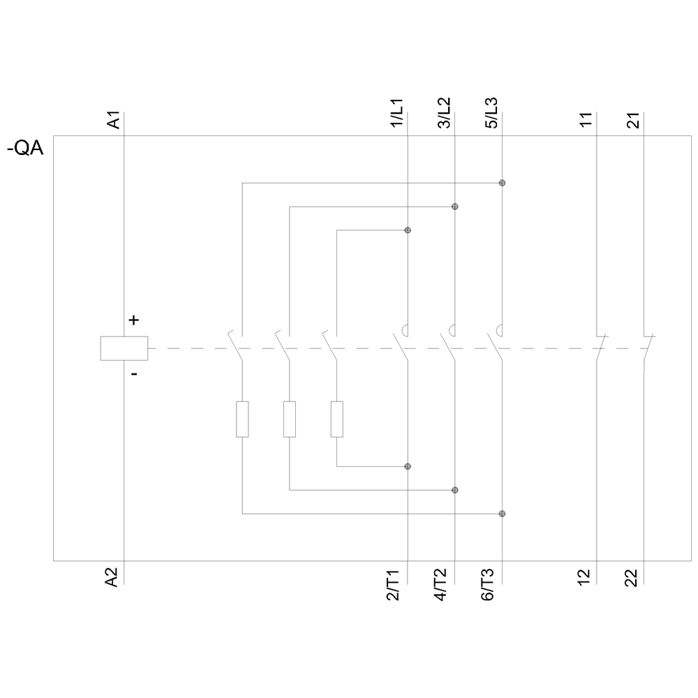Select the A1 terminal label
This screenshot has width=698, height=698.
(x=114, y=119)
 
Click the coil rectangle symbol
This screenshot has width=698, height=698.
(x=124, y=348)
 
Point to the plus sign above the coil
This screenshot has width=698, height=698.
(x=134, y=320)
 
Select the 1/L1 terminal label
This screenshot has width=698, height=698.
(x=396, y=114)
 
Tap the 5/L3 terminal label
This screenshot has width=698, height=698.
(x=492, y=114)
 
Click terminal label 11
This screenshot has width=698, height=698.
(x=586, y=119)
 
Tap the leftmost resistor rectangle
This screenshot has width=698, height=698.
(x=242, y=419)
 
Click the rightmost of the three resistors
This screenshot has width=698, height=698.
(x=337, y=419)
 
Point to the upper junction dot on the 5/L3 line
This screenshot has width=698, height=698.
(x=502, y=183)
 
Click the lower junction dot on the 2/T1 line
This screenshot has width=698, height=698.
(x=408, y=466)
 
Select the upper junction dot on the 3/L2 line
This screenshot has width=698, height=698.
(x=455, y=207)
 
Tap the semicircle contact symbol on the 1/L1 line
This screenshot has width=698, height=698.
(x=406, y=330)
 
